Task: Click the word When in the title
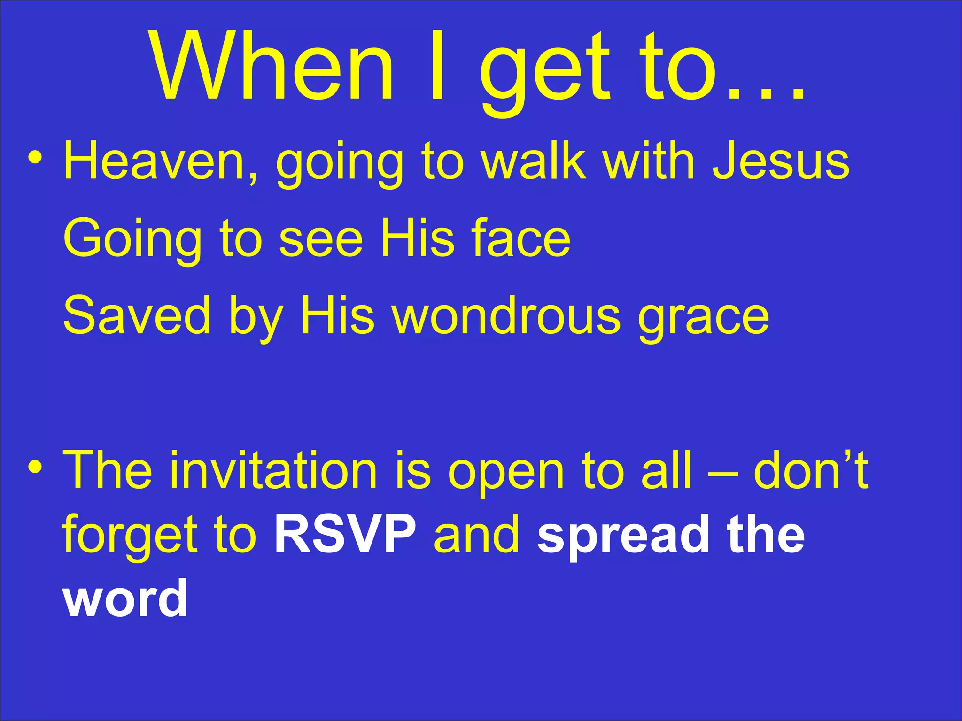pos(272,66)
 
